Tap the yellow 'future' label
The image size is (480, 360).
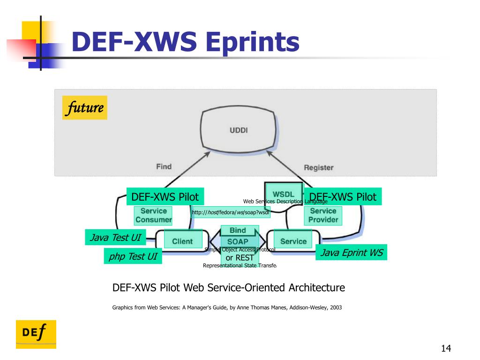point(85,108)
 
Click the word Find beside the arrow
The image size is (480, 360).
point(164,166)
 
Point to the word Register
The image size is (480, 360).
point(319,167)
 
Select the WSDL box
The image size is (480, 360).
point(283,194)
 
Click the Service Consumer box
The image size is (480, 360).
point(153,216)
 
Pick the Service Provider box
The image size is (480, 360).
point(323,216)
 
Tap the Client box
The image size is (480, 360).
point(182,241)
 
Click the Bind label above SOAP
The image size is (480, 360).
point(238,231)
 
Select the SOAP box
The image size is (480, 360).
point(238,242)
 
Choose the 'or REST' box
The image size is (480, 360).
point(240,257)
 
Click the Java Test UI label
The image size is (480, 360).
point(115,238)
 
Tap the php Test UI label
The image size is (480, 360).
point(133,256)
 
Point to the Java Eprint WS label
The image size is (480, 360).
point(351,253)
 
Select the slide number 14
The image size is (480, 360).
point(445,348)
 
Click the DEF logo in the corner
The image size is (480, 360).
point(36,334)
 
